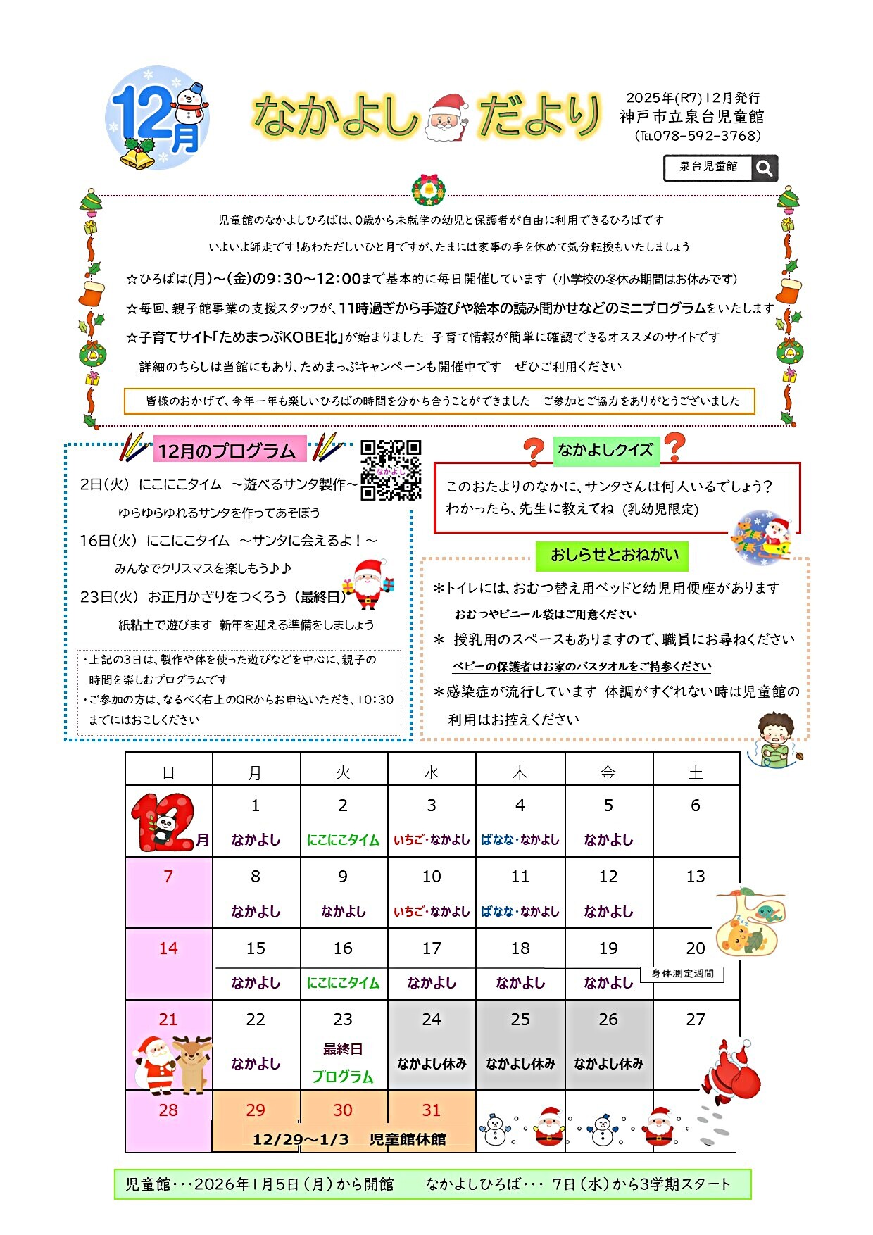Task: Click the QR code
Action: pos(391,470)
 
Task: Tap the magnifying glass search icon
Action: pos(764,168)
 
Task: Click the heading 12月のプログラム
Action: pos(227,451)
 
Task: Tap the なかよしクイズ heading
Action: pos(605,451)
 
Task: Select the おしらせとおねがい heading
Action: pos(614,555)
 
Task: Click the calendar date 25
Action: pos(520,1020)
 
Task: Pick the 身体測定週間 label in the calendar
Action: pos(682,974)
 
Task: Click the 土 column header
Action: pos(696,773)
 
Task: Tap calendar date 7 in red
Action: pos(168,877)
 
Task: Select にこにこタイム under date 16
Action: pos(343,983)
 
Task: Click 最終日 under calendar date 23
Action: pos(343,1049)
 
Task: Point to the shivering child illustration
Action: pos(775,741)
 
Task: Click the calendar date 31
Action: pos(432,1110)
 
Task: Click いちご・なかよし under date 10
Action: pos(432,912)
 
